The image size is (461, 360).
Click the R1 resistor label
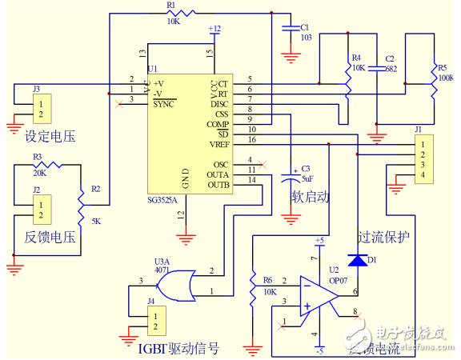[170, 5]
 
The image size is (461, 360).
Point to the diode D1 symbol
[358, 260]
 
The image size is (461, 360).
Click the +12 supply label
[214, 29]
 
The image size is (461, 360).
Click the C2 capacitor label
[390, 58]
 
